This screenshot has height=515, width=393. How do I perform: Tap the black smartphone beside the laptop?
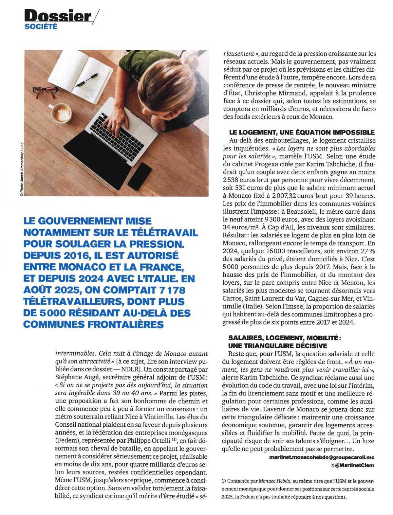pos(140,176)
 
